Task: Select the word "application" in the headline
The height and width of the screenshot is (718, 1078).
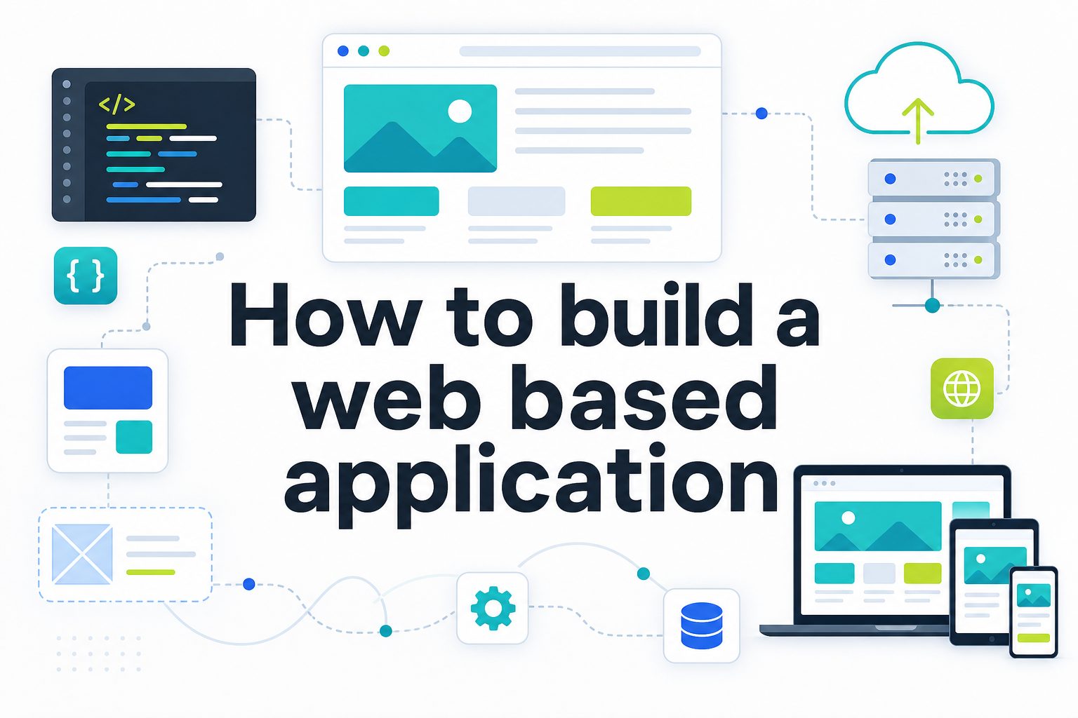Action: [x=531, y=485]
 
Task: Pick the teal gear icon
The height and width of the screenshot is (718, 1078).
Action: [x=493, y=608]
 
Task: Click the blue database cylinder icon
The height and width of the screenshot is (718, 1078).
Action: [x=702, y=625]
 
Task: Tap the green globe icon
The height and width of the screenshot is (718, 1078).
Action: [x=962, y=388]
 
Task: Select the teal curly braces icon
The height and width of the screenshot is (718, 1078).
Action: [x=86, y=276]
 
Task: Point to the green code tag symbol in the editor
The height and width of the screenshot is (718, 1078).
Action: [x=117, y=104]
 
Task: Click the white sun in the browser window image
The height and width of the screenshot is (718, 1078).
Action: [x=460, y=111]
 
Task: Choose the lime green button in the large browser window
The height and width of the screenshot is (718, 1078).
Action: [x=641, y=201]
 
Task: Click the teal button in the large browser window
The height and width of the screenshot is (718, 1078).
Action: [x=391, y=201]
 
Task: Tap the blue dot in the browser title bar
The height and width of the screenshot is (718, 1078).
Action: [x=343, y=51]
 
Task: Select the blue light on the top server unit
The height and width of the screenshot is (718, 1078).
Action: [x=891, y=179]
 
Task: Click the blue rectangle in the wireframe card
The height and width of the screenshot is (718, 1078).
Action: [x=108, y=388]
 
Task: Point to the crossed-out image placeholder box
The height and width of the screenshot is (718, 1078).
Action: [x=82, y=554]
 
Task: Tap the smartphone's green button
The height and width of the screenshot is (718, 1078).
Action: [x=1033, y=638]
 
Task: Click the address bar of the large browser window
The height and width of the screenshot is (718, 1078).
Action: [x=580, y=51]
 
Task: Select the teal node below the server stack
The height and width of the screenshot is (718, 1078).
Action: [x=932, y=306]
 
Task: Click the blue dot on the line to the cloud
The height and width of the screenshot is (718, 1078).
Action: [x=761, y=114]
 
